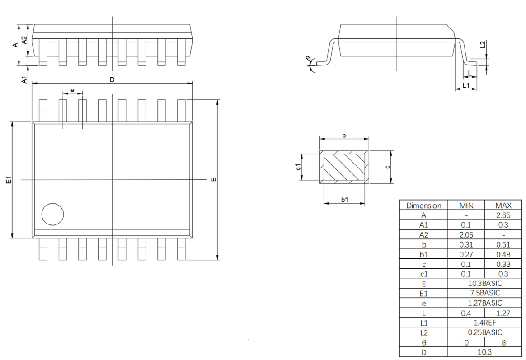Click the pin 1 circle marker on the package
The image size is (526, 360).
click(x=53, y=214)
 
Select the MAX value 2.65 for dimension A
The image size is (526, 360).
click(x=503, y=215)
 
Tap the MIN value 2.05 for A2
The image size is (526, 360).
click(x=466, y=234)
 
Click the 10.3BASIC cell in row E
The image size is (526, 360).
click(x=485, y=283)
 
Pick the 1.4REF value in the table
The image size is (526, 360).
click(x=485, y=323)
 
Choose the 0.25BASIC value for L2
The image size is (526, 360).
click(x=485, y=332)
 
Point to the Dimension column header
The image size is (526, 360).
click(x=424, y=206)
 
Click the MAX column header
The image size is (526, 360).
click(x=503, y=206)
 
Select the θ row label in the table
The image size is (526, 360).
click(x=424, y=342)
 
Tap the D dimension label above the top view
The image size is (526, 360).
click(x=112, y=79)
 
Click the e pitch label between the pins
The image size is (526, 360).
click(x=72, y=90)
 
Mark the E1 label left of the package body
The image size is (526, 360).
click(x=9, y=180)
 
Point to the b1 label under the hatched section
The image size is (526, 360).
click(x=344, y=200)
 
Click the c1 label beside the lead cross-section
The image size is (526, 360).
click(x=298, y=167)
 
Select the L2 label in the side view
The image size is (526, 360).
click(x=482, y=44)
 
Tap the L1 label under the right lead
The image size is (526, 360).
click(x=466, y=85)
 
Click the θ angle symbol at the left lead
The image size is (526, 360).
click(x=308, y=59)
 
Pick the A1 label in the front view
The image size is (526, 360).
click(x=24, y=80)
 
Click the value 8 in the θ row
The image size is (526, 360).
click(x=503, y=342)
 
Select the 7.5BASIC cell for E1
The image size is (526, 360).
click(x=485, y=293)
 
